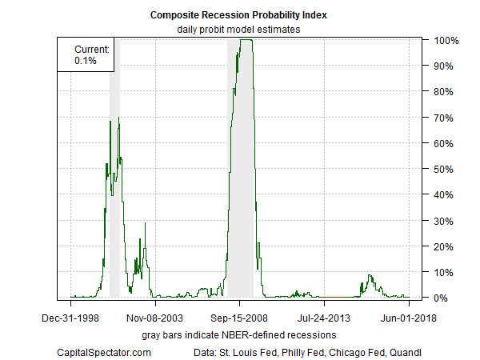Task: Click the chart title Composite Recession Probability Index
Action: (239, 15)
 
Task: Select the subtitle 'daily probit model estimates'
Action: (239, 30)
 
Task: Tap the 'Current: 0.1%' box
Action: (86, 54)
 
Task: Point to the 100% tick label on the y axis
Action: (445, 40)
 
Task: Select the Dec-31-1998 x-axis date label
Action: (71, 318)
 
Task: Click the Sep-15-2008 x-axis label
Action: (240, 318)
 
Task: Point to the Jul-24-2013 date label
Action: (324, 318)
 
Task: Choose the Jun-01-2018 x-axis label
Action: (409, 318)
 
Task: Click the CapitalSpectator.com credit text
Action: (104, 351)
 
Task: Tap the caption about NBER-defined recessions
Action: (239, 333)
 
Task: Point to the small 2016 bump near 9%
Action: (370, 276)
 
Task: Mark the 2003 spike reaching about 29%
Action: (145, 224)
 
